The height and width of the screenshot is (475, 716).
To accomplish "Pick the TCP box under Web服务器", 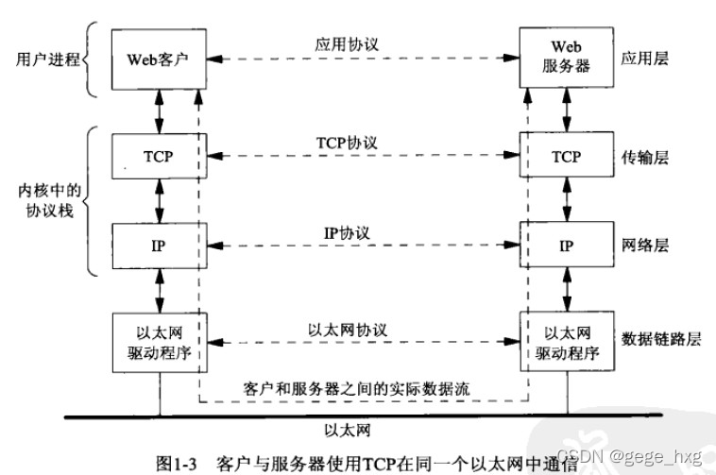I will pos(567,158).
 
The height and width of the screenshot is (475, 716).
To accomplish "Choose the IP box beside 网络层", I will pos(567,246).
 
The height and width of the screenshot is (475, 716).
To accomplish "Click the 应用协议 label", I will pos(347,43).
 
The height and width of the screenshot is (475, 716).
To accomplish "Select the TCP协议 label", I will pos(347,143).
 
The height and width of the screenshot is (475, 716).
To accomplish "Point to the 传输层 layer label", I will pos(647,158).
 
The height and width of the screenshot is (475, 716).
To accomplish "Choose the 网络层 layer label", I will pos(647,246).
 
